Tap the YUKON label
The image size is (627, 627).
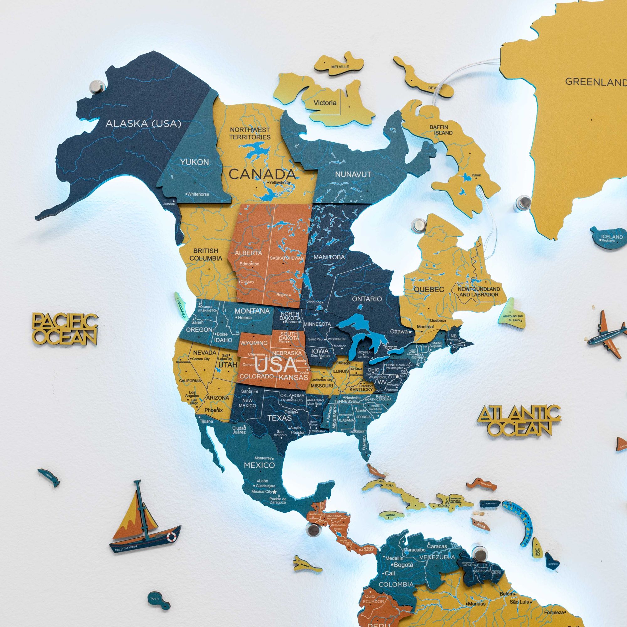(x=194, y=162)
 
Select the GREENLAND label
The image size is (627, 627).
(x=596, y=82)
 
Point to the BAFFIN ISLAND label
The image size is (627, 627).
(x=441, y=130)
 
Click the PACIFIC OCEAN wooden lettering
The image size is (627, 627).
(x=65, y=329)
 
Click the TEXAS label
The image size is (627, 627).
(x=279, y=418)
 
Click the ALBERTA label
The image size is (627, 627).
(x=248, y=253)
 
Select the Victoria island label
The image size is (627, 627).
(x=325, y=103)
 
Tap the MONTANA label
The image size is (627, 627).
(x=252, y=311)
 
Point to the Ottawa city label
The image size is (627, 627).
(x=398, y=332)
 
